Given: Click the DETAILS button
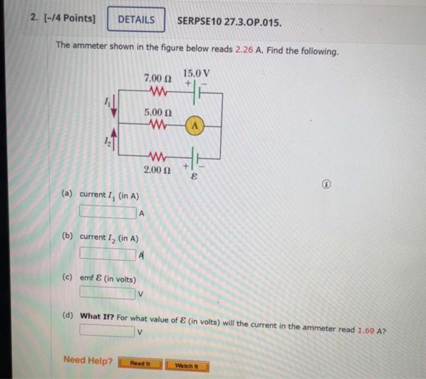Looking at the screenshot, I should pos(136,19).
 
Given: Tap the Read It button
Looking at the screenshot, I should pos(138,364).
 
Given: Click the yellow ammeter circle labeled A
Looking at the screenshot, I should pos(195,126).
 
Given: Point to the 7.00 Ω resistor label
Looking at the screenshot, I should pos(158,79).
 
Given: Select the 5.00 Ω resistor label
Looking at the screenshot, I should pos(158,113).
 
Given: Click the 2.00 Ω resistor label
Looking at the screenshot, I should pos(157,169).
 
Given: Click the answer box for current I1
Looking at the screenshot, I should pos(108,212).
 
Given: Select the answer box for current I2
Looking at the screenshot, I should pos(108,253).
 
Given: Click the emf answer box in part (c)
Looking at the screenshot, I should pos(107,294).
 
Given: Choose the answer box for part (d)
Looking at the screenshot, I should pos(107,331).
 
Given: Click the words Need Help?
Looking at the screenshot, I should pos(88,361).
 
